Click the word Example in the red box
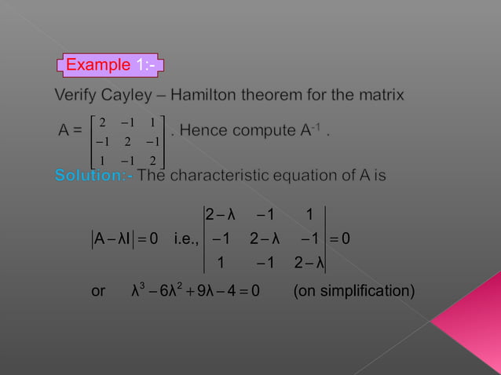point(97,64)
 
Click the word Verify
point(77,96)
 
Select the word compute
point(263,130)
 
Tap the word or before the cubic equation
point(98,293)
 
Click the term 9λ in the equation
point(206,293)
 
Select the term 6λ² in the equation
point(170,292)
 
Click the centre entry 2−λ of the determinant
point(265,238)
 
